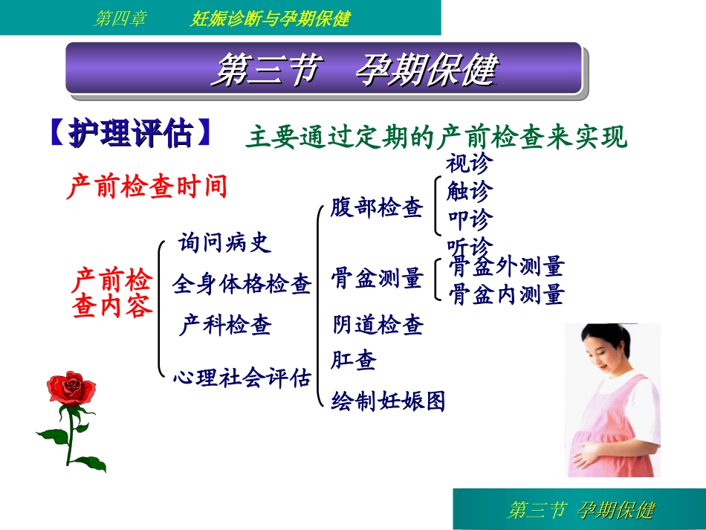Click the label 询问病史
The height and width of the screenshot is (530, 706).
pyautogui.click(x=224, y=242)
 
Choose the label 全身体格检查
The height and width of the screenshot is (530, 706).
pyautogui.click(x=242, y=283)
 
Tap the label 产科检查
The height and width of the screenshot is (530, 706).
pyautogui.click(x=224, y=325)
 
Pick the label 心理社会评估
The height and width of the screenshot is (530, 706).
pyautogui.click(x=242, y=378)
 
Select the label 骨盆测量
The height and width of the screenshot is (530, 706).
pyautogui.click(x=377, y=279)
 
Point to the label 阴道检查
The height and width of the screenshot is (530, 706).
pyautogui.click(x=377, y=325)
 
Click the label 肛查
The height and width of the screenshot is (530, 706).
pyautogui.click(x=354, y=361)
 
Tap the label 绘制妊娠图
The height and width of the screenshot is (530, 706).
pyautogui.click(x=388, y=401)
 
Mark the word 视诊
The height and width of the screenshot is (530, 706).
pyautogui.click(x=469, y=164)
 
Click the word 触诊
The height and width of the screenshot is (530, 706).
pyautogui.click(x=469, y=192)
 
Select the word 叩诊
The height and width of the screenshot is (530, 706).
pyautogui.click(x=469, y=220)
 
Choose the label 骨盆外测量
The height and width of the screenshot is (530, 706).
pyautogui.click(x=507, y=266)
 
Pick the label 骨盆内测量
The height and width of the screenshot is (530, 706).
pyautogui.click(x=507, y=294)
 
